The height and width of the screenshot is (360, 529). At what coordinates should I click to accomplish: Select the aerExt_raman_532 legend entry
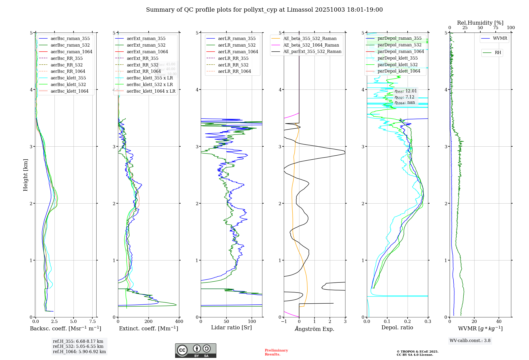point(146,45)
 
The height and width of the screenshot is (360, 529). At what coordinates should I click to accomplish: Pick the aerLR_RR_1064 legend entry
point(234,71)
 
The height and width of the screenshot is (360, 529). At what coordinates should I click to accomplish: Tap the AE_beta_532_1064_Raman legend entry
point(311,45)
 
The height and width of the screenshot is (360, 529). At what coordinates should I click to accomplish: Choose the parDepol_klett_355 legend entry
point(398,58)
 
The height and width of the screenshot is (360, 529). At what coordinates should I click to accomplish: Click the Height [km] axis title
point(25,175)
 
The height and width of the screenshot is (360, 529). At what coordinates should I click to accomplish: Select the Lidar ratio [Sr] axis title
point(231,327)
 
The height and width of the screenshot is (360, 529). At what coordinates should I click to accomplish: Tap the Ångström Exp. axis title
point(314,329)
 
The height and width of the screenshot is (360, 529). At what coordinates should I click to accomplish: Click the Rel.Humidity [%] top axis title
point(480,23)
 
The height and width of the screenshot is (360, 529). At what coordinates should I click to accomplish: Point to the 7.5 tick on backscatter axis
point(93,322)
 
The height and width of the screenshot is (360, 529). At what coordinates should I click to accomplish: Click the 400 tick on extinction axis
point(179,322)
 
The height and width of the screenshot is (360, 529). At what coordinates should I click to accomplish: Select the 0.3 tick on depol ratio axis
point(428,322)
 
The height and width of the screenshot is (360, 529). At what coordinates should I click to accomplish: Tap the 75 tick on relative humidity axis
point(495,28)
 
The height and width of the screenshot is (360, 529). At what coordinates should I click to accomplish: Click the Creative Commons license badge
point(195,350)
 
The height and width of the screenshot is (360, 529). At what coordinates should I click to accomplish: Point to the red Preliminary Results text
point(276,352)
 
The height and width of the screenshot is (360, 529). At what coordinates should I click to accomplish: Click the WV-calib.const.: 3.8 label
point(470,341)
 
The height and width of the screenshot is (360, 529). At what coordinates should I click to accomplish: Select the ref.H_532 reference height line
point(78,346)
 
